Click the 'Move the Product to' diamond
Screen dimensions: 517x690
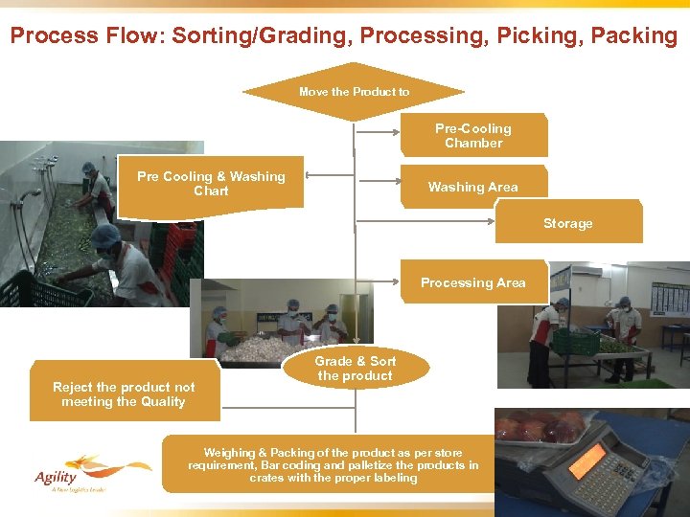[354, 92]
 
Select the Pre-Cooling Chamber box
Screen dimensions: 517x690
[473, 135]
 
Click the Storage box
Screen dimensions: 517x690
[568, 223]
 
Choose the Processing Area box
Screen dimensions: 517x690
[473, 282]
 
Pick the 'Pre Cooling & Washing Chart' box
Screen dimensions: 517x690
[211, 183]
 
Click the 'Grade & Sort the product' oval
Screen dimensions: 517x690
[356, 369]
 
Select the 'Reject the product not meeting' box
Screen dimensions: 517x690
[124, 393]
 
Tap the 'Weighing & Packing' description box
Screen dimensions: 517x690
[333, 464]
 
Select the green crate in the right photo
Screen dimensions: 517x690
[575, 341]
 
